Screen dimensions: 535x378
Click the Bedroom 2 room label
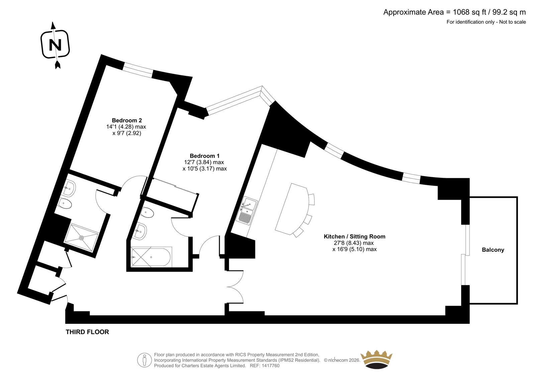(x=127, y=120)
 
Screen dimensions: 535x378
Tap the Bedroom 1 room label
(x=205, y=156)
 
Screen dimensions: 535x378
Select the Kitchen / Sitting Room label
(x=354, y=236)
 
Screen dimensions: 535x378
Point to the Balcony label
(x=493, y=250)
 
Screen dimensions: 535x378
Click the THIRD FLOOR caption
(x=87, y=332)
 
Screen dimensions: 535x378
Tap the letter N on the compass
(x=55, y=45)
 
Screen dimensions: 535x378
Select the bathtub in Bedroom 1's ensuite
(x=151, y=257)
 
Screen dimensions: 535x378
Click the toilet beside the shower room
(x=65, y=204)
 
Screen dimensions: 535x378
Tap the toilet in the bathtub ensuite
(x=147, y=213)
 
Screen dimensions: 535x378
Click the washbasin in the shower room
(x=70, y=188)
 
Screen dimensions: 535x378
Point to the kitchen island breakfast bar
(x=291, y=209)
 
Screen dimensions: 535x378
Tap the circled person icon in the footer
(x=144, y=360)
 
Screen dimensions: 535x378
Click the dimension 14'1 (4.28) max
(x=126, y=127)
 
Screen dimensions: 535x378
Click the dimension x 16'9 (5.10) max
(x=354, y=249)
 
